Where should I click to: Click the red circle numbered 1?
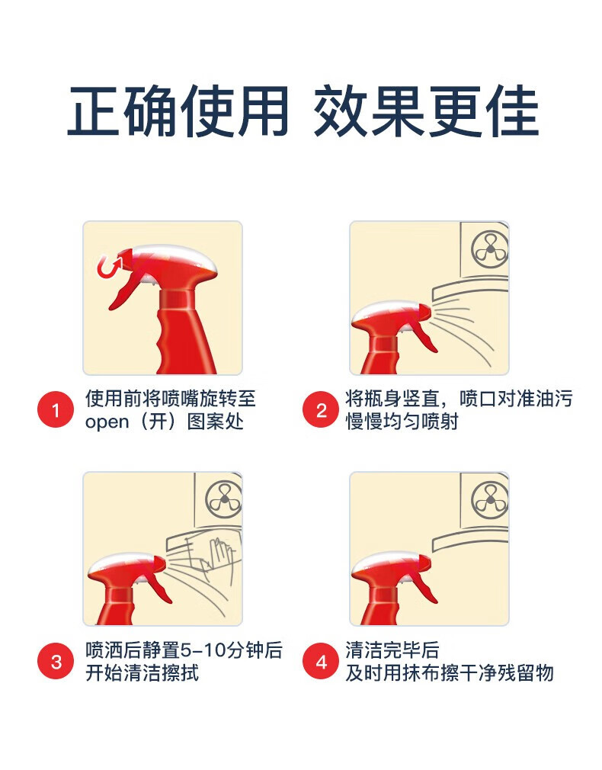tap(56, 409)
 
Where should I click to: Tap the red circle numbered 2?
tap(321, 409)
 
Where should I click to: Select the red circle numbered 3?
tap(56, 661)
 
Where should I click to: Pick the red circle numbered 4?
tap(321, 661)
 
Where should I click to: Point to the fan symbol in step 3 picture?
tap(223, 500)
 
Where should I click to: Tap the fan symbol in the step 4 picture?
tap(489, 500)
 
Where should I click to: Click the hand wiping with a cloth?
tap(222, 555)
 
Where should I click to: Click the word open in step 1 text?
tap(107, 422)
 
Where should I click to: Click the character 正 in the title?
tap(94, 111)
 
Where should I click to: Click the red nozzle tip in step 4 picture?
tap(424, 563)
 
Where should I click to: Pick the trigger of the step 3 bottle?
tap(159, 589)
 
